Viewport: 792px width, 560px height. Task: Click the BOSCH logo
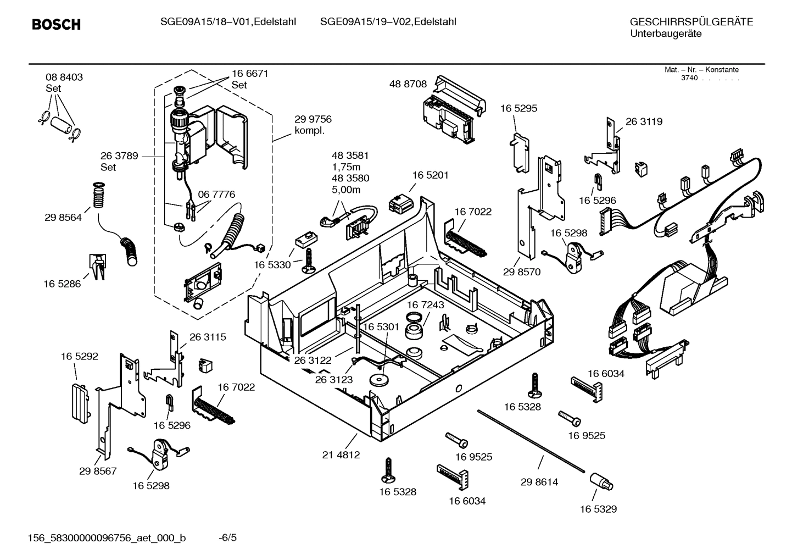pyautogui.click(x=56, y=24)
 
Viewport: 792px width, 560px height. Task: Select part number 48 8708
pyautogui.click(x=408, y=84)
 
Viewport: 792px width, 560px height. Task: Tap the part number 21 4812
pyautogui.click(x=341, y=454)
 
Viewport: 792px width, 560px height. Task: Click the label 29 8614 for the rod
pyautogui.click(x=539, y=482)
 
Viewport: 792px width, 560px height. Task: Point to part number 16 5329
pyautogui.click(x=598, y=509)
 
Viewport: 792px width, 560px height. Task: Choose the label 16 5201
pyautogui.click(x=430, y=175)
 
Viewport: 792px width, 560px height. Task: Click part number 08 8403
pyautogui.click(x=64, y=77)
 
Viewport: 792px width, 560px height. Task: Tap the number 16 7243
pyautogui.click(x=425, y=304)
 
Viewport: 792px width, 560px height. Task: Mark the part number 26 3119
pyautogui.click(x=644, y=121)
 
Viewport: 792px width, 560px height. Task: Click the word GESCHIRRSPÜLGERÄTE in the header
pyautogui.click(x=691, y=23)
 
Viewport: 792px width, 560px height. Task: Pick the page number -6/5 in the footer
pyautogui.click(x=227, y=537)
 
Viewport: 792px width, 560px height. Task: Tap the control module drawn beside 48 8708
pyautogui.click(x=454, y=113)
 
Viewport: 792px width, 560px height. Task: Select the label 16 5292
pyautogui.click(x=80, y=356)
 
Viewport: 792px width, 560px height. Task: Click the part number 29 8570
pyautogui.click(x=521, y=271)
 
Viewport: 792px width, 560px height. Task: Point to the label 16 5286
pyautogui.click(x=62, y=284)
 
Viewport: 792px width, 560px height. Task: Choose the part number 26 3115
pyautogui.click(x=208, y=337)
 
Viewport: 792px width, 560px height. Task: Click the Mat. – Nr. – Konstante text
pyautogui.click(x=701, y=70)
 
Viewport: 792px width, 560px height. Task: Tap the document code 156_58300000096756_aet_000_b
pyautogui.click(x=107, y=537)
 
